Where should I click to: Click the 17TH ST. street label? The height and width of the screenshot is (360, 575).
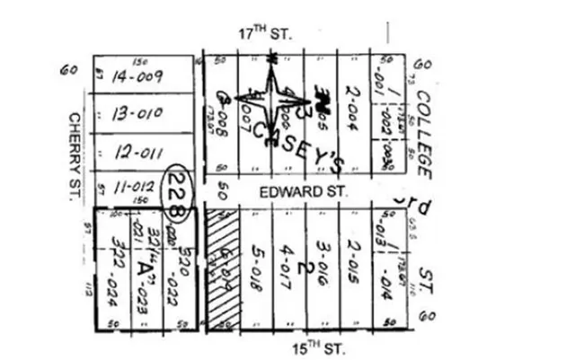click(267, 34)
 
